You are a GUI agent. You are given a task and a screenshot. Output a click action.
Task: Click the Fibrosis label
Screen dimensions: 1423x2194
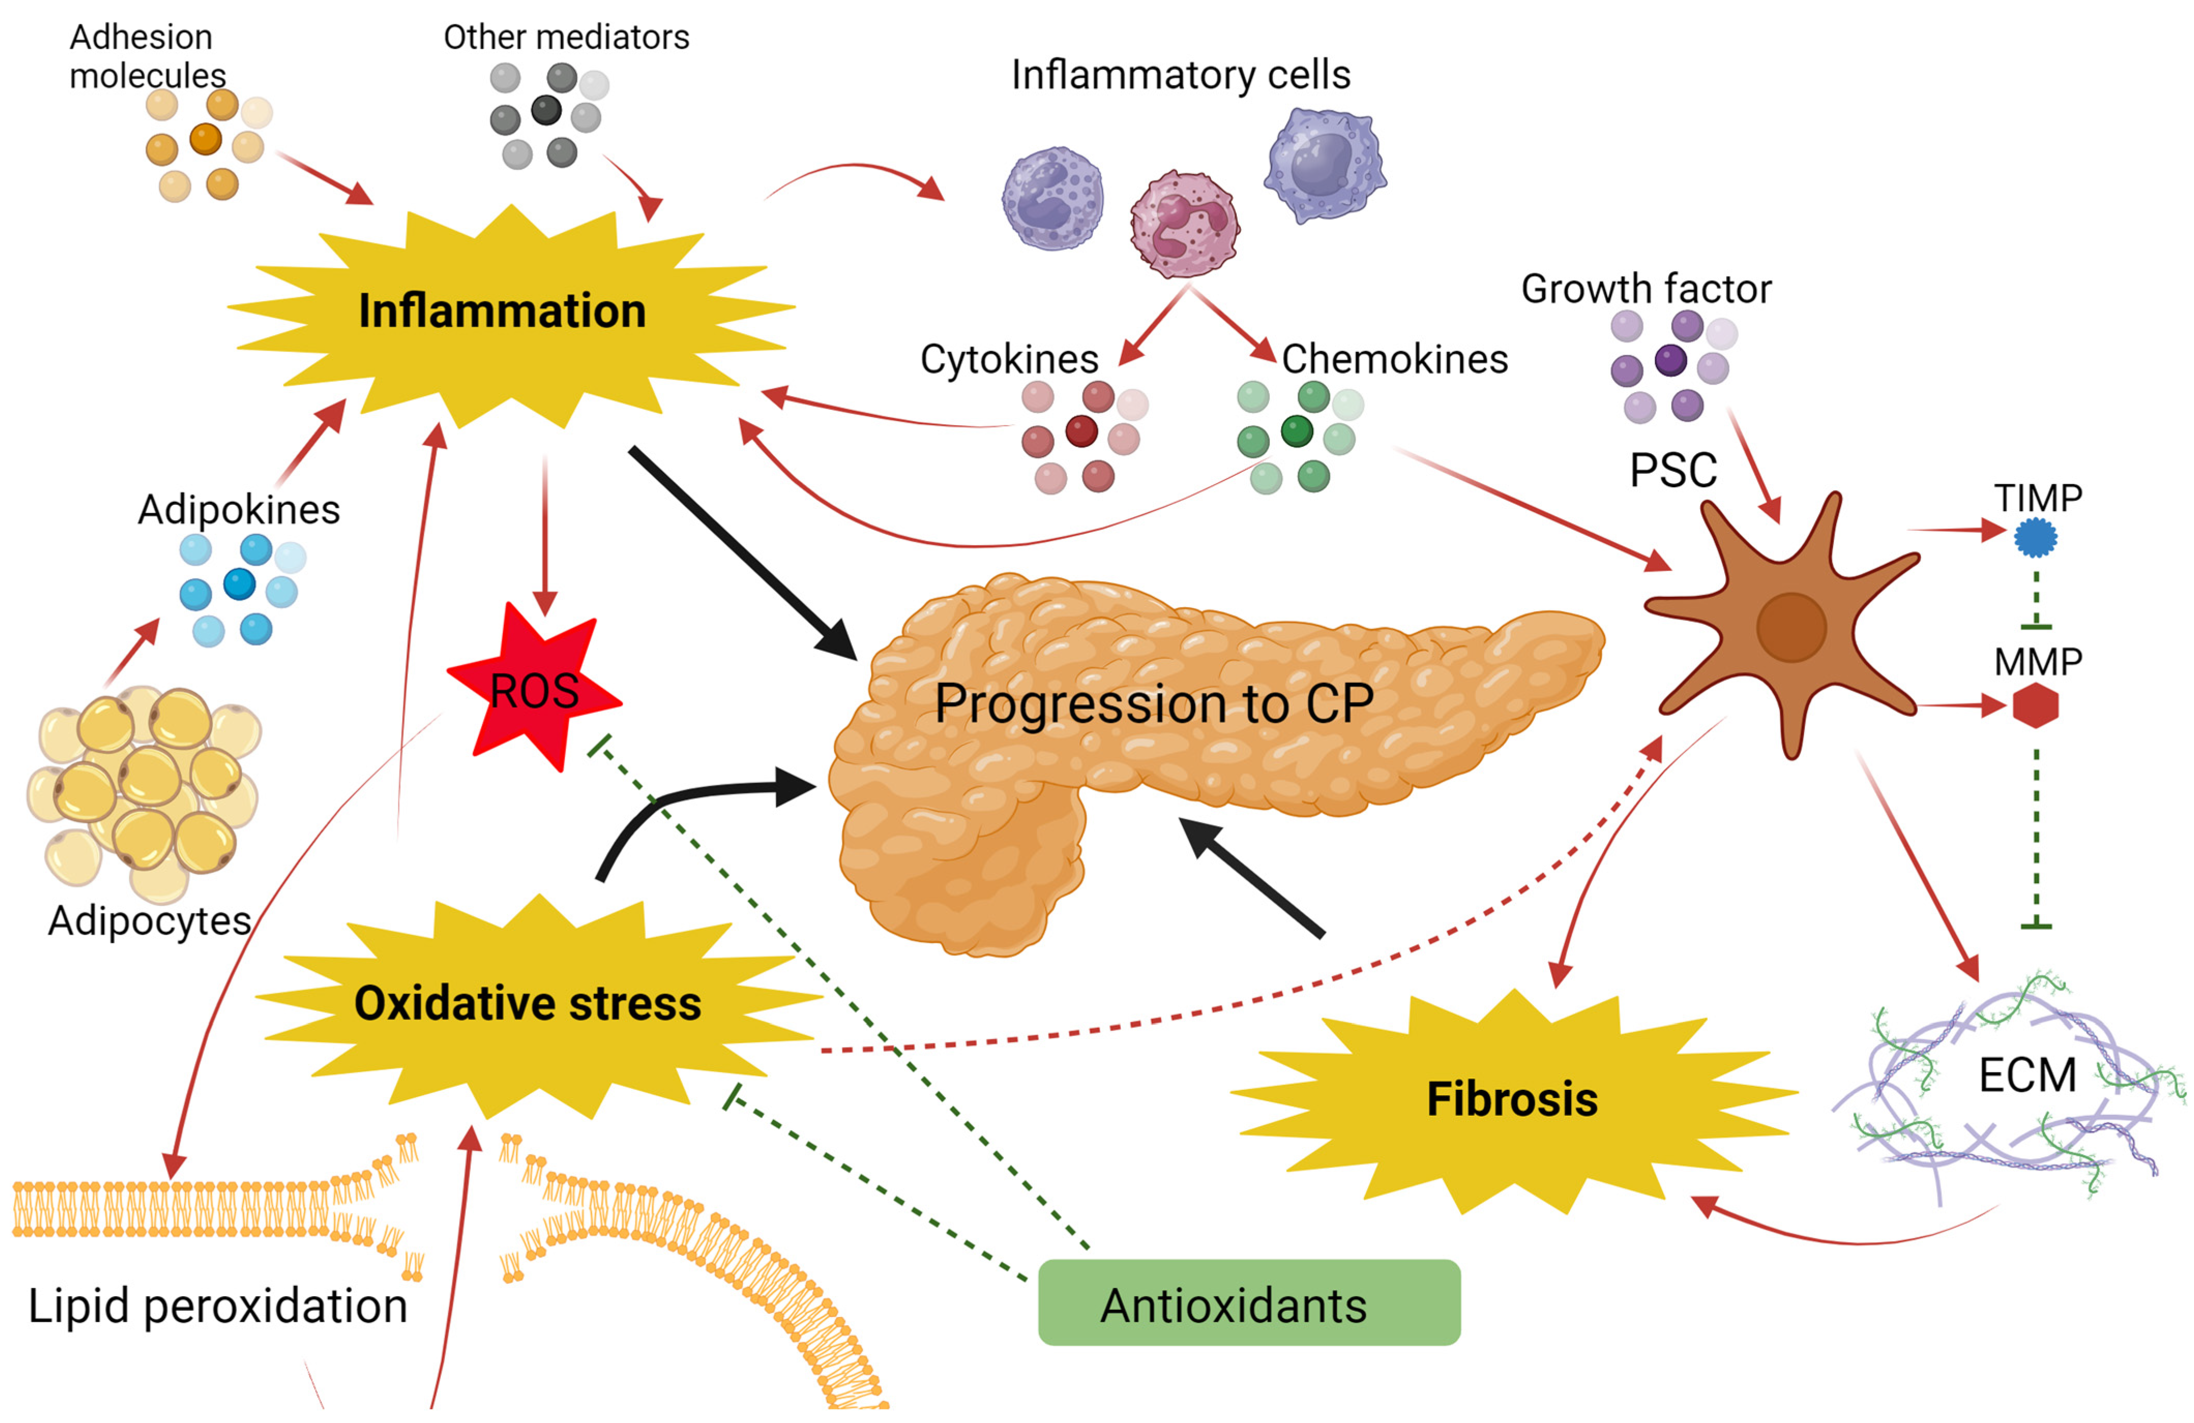pyautogui.click(x=1512, y=1099)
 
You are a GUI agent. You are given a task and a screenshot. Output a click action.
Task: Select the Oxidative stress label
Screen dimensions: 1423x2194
pyautogui.click(x=527, y=1003)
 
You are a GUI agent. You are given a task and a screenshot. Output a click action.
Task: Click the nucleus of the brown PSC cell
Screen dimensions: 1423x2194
pyautogui.click(x=1790, y=627)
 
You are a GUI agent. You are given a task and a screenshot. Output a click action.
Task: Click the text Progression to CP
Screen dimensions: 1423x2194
pyautogui.click(x=1153, y=704)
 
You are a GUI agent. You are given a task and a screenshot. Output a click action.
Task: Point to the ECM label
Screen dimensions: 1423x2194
pyautogui.click(x=2027, y=1075)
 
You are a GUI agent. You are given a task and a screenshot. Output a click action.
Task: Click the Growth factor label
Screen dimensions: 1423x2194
pyautogui.click(x=1645, y=289)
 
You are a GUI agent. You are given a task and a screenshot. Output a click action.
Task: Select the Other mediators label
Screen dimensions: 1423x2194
pyautogui.click(x=566, y=37)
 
